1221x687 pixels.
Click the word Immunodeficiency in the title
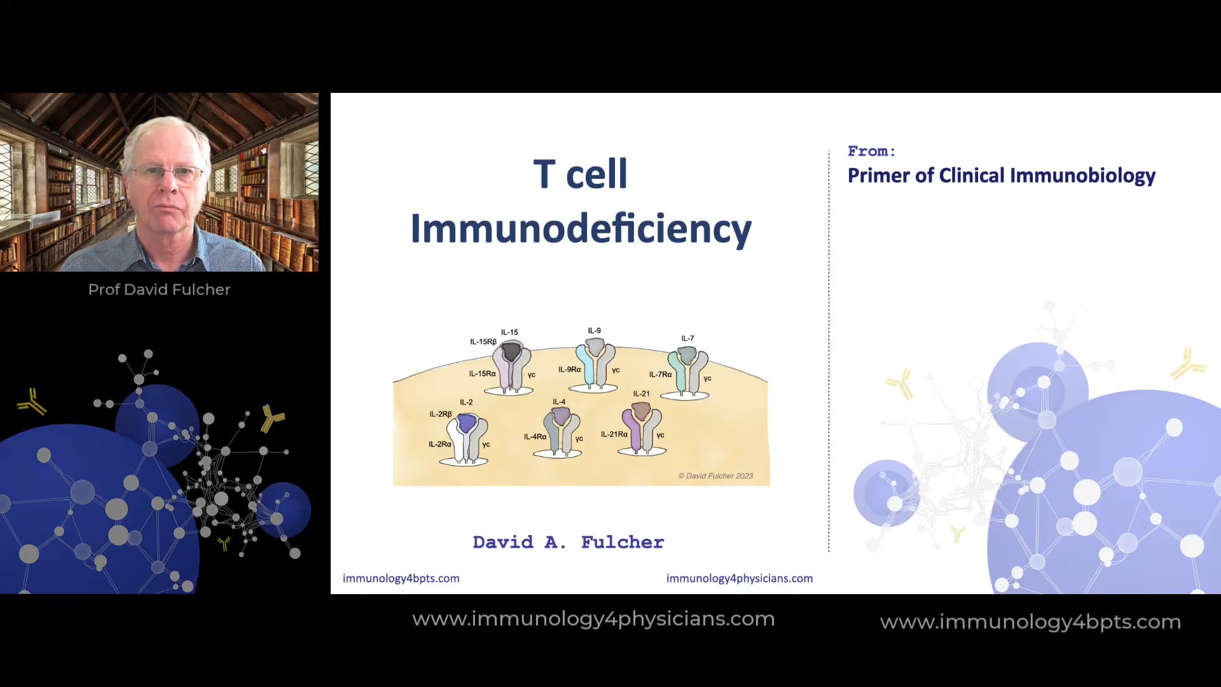coord(581,229)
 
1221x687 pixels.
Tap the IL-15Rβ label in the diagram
coord(483,342)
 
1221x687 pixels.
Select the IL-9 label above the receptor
coord(594,331)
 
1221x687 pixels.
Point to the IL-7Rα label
coord(660,375)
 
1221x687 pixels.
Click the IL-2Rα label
coord(439,444)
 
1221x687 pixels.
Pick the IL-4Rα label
coord(535,437)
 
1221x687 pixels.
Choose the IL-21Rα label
coord(614,434)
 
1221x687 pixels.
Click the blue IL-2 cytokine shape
coord(467,422)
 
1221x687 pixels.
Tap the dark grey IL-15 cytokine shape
coord(511,351)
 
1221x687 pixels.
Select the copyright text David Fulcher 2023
coord(715,476)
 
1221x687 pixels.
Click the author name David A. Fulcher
coord(568,542)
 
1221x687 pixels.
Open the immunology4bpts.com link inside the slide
coord(401,578)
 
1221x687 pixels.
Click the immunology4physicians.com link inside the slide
coord(739,578)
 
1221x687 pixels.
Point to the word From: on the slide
coord(871,151)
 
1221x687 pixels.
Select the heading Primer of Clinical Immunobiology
coord(1001,176)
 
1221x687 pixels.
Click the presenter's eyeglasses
coord(167,172)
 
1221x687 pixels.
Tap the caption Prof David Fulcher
coord(159,289)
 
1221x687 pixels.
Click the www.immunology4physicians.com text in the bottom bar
coord(593,619)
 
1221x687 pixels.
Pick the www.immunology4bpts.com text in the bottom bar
coord(1030,621)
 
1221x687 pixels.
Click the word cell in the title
coord(597,174)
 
